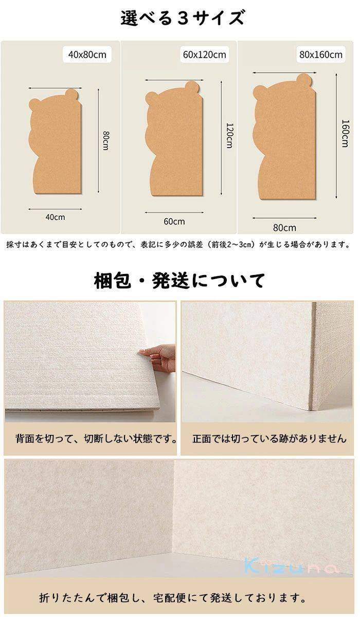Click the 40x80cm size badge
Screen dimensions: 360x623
pos(87,54)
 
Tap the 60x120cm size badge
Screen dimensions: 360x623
pos(204,54)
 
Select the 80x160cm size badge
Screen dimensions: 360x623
pos(321,54)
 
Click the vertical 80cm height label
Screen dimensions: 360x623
pos(105,141)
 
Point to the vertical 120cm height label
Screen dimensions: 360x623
pos(229,136)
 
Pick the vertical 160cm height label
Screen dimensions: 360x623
pos(345,133)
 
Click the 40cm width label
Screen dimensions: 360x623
pos(55,217)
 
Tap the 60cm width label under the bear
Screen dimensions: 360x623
pos(174,222)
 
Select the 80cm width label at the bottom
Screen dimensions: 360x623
pos(284,228)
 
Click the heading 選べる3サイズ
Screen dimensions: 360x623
pos(182,18)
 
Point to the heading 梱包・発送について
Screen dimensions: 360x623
pos(179,280)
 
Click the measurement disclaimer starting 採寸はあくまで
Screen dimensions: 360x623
pos(178,245)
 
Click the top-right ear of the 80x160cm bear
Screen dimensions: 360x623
pos(305,80)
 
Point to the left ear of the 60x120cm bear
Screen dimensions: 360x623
pos(151,98)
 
